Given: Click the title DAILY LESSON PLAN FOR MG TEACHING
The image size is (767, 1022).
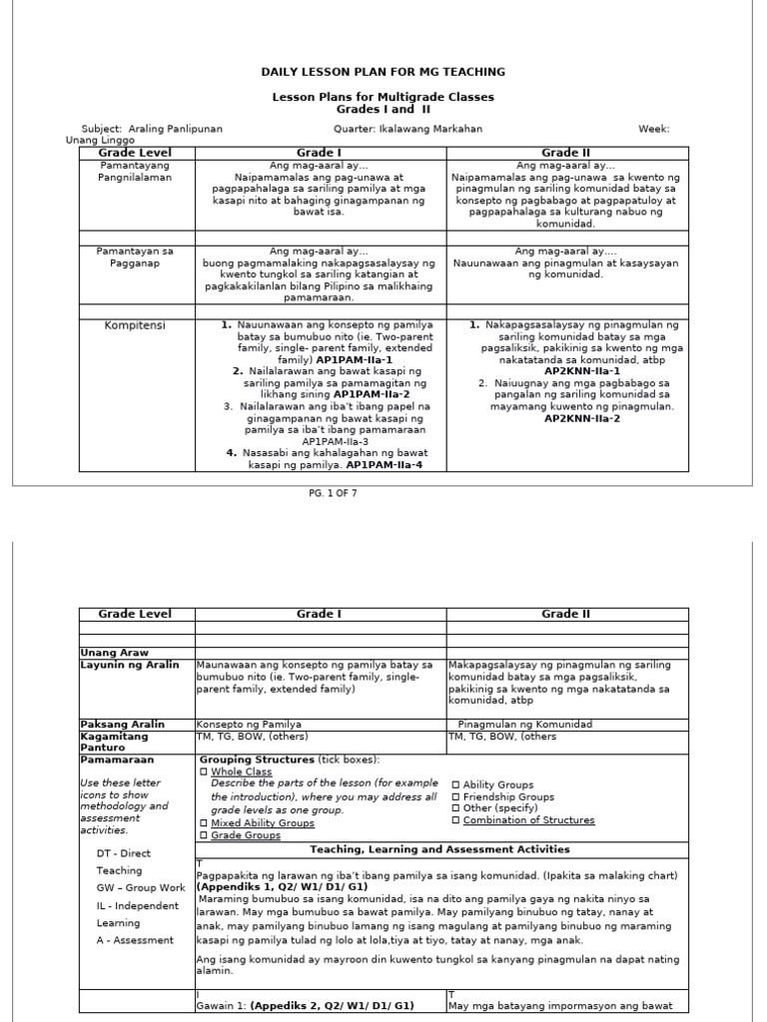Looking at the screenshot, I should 383,72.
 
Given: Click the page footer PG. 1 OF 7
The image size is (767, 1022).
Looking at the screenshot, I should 333,493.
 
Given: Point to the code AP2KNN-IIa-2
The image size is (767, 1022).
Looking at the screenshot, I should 582,418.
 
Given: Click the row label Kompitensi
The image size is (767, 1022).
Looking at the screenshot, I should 135,325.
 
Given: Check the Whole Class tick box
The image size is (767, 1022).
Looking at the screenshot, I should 204,771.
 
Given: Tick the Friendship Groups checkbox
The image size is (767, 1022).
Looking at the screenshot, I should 456,796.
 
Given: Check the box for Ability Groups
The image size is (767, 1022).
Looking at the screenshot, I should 456,784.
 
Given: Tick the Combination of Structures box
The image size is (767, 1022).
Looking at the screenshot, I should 456,820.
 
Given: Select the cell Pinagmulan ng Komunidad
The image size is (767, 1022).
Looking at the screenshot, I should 524,724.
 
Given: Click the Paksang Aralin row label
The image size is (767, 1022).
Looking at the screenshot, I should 122,724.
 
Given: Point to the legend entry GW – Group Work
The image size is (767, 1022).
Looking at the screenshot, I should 141,887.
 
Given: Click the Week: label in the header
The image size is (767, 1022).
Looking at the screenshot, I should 653,129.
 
